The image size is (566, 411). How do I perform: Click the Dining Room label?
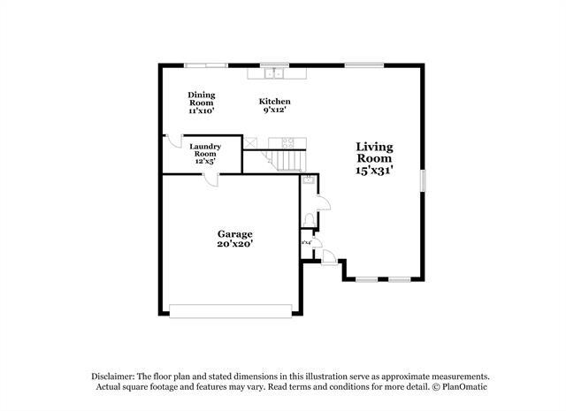[201, 95]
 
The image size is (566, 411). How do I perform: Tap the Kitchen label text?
[274, 102]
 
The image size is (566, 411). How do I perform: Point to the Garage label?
[235, 234]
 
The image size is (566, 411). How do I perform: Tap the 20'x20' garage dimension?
[235, 245]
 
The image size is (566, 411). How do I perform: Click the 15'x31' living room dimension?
[374, 169]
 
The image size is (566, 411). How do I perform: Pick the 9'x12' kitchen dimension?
[274, 111]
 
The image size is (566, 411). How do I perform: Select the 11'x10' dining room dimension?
[201, 111]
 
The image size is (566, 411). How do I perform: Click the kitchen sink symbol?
[275, 72]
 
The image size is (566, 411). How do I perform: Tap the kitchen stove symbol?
[287, 142]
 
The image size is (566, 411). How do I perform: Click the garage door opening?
[230, 310]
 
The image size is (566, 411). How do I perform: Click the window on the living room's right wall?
[423, 179]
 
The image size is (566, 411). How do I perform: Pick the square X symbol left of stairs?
[250, 141]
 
